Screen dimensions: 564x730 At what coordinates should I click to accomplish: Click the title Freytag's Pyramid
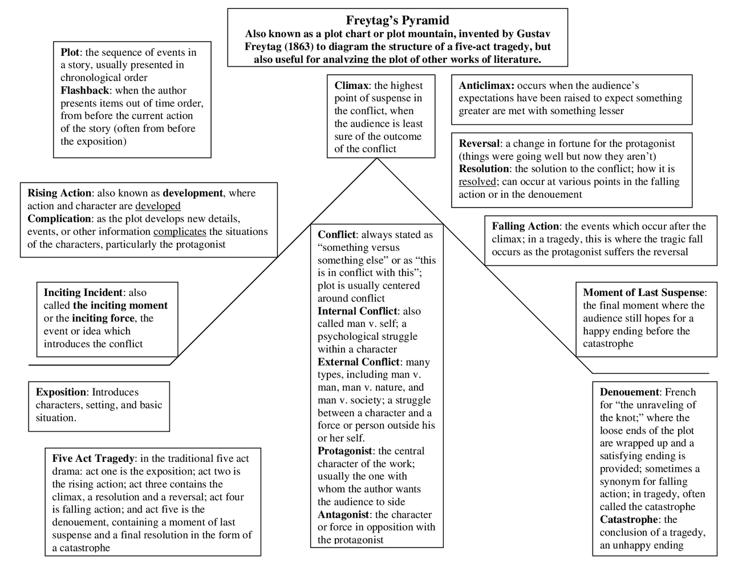click(398, 21)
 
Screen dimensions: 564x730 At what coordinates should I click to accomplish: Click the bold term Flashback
click(84, 91)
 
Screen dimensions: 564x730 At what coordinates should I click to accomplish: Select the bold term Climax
click(351, 86)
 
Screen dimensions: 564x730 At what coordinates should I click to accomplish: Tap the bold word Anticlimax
click(486, 86)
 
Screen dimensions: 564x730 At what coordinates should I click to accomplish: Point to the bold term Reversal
click(479, 144)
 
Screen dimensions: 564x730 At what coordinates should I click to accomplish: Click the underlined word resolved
click(477, 182)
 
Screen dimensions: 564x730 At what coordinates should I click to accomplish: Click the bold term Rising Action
click(59, 193)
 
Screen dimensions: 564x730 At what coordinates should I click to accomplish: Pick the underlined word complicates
click(180, 232)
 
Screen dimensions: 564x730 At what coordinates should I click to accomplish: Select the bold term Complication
click(59, 219)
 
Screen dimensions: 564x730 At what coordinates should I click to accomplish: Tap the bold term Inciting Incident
click(83, 293)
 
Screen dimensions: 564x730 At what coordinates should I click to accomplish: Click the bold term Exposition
click(61, 392)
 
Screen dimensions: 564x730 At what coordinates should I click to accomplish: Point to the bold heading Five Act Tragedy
click(94, 458)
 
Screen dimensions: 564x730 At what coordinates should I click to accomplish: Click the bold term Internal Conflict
click(357, 311)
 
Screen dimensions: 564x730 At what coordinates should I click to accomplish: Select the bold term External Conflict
click(358, 362)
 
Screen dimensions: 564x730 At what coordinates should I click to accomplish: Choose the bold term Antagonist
click(344, 515)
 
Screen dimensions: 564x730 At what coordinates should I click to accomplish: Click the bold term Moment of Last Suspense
click(643, 293)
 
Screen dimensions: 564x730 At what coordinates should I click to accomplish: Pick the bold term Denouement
click(629, 392)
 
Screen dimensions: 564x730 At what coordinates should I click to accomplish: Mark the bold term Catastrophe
click(628, 520)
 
